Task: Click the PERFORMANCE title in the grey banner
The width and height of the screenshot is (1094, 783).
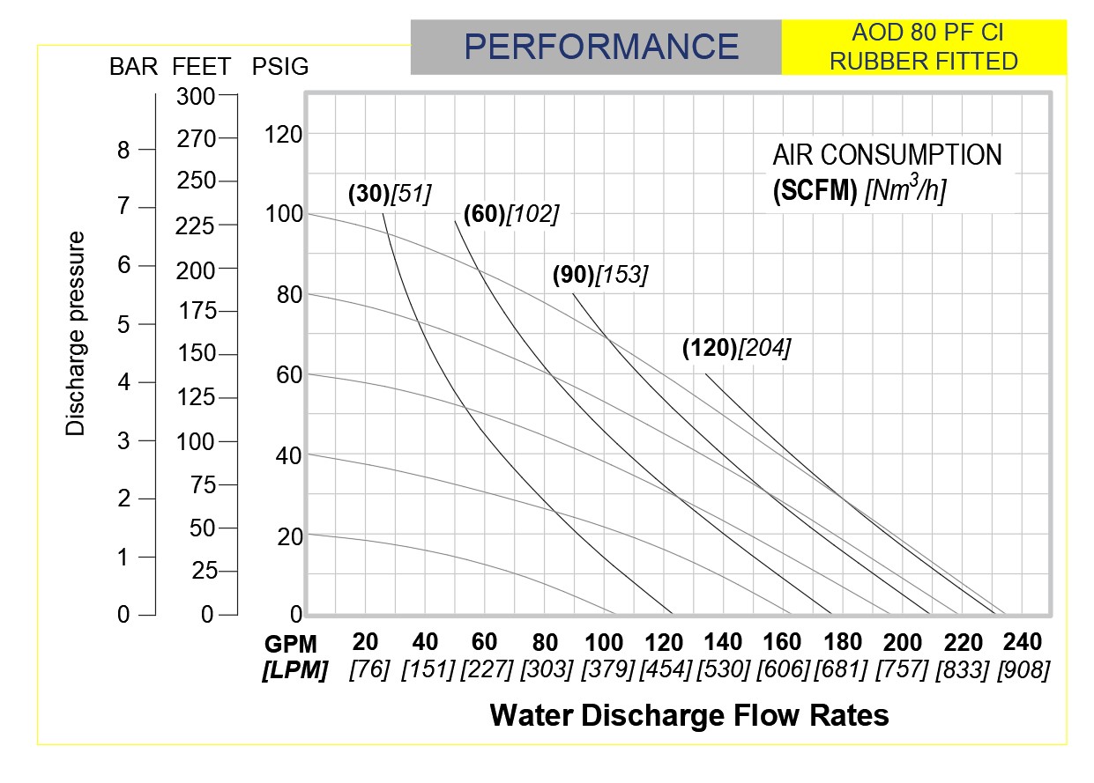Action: pos(602,47)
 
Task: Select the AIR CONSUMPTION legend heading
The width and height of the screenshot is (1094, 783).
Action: pos(887,156)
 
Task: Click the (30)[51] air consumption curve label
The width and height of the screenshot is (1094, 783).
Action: pos(390,194)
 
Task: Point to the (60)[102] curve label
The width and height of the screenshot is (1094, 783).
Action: pos(511,213)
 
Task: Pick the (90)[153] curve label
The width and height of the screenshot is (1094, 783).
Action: pos(600,275)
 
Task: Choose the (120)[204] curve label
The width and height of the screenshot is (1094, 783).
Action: pos(736,348)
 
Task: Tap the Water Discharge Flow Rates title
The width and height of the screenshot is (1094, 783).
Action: pos(688,715)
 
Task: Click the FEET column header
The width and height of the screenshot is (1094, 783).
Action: pos(202,67)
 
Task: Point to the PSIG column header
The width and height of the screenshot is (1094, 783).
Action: pos(280,67)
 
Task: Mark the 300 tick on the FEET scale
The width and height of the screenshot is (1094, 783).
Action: pos(196,97)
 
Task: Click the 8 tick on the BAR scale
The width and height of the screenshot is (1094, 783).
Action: pos(123,151)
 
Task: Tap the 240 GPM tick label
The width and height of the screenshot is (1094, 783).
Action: pos(1022,642)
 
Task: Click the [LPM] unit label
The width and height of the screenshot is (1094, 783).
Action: pos(294,670)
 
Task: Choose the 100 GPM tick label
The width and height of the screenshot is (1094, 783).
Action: pos(605,642)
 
